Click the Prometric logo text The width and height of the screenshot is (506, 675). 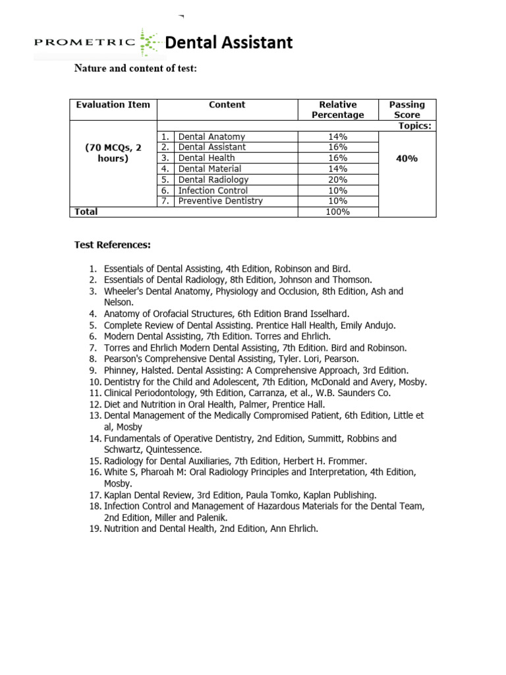click(86, 44)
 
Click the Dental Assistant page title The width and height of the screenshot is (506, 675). click(229, 43)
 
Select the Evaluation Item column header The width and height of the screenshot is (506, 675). click(113, 105)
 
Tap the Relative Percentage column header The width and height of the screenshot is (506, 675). click(337, 109)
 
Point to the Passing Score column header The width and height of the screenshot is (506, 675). click(407, 109)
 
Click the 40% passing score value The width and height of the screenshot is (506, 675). click(407, 158)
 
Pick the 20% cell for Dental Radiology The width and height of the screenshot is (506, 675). click(337, 179)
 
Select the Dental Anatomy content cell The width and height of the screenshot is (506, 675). click(211, 136)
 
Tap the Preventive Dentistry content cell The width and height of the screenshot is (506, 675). click(220, 200)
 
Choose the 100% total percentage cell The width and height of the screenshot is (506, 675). click(337, 212)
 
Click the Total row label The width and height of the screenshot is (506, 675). click(86, 212)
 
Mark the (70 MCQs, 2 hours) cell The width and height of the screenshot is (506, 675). click(113, 153)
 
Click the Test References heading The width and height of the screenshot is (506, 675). click(113, 245)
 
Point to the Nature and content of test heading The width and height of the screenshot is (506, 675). click(135, 69)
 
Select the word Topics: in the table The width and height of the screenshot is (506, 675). click(414, 125)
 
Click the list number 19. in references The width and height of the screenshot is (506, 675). click(94, 528)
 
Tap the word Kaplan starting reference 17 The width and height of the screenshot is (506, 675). click(119, 494)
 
